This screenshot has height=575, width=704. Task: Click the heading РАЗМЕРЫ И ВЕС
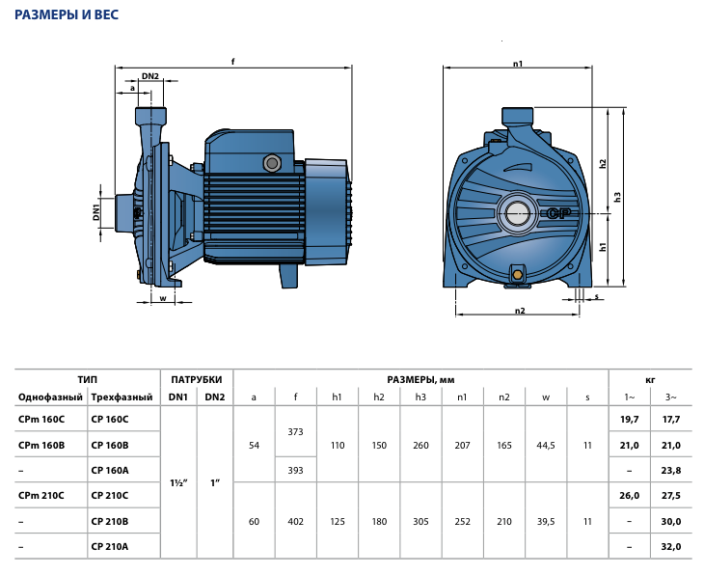coord(67,14)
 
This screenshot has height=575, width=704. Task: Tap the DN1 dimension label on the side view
coord(96,212)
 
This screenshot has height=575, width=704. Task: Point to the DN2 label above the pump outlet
coord(150,76)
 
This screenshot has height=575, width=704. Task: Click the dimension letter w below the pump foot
coord(163,298)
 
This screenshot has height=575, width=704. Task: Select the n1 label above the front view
coord(518,64)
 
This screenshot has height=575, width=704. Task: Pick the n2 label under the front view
coord(520,311)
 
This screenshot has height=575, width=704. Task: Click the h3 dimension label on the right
coord(618,197)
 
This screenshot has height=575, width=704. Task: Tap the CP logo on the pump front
coord(559,213)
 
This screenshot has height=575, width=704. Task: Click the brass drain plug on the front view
coord(518,274)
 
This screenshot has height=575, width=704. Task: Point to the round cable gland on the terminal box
coord(272,163)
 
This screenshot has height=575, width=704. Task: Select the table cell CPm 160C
coord(41,419)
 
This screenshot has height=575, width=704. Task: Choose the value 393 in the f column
coord(295,471)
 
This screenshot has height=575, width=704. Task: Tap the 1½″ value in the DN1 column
coord(178,483)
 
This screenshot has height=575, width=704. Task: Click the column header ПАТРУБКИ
coord(197,380)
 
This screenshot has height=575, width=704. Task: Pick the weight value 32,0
coord(671,547)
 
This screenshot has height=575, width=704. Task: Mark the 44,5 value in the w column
coord(546,445)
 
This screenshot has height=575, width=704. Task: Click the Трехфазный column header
coord(122,397)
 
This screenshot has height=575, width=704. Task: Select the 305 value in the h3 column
coord(420,522)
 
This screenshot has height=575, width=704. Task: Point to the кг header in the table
coord(650,380)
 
